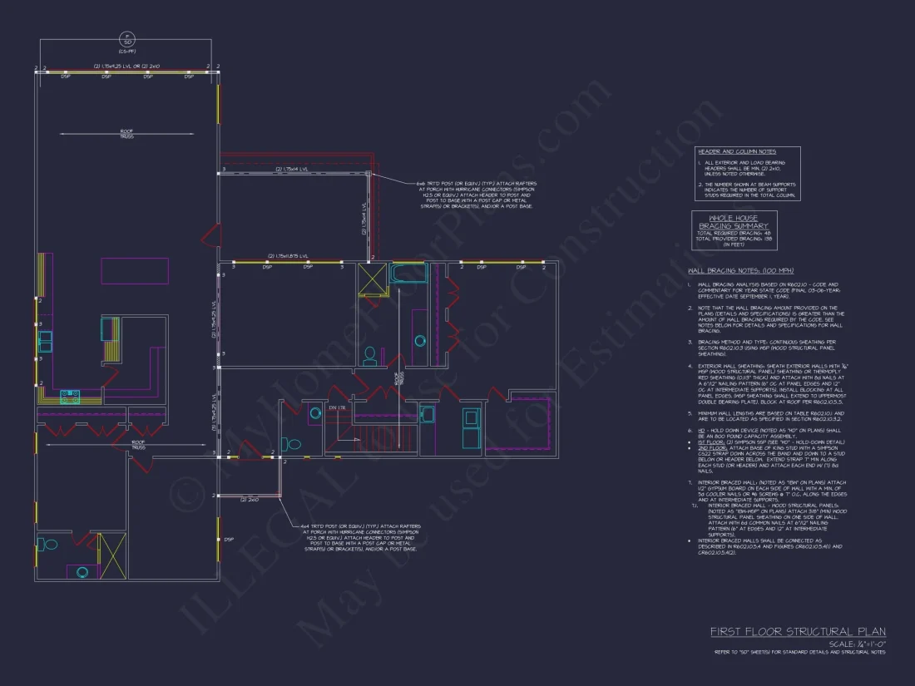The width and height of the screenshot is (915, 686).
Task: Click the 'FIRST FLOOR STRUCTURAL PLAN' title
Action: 798,632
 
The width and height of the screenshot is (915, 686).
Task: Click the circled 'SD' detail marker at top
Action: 127,41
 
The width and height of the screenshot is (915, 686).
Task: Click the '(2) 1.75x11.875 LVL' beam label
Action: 288,256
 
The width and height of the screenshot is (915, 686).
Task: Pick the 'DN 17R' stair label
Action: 337,407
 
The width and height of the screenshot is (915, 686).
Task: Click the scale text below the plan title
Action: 858,644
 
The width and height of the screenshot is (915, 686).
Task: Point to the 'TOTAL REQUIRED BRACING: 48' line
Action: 734,233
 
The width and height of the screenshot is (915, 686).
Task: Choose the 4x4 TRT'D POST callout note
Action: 362,537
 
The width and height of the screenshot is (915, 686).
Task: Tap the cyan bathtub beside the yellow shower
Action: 408,274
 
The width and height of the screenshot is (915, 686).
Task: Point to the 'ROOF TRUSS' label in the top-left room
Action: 126,134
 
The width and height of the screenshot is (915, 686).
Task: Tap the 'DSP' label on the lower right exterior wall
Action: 228,540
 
